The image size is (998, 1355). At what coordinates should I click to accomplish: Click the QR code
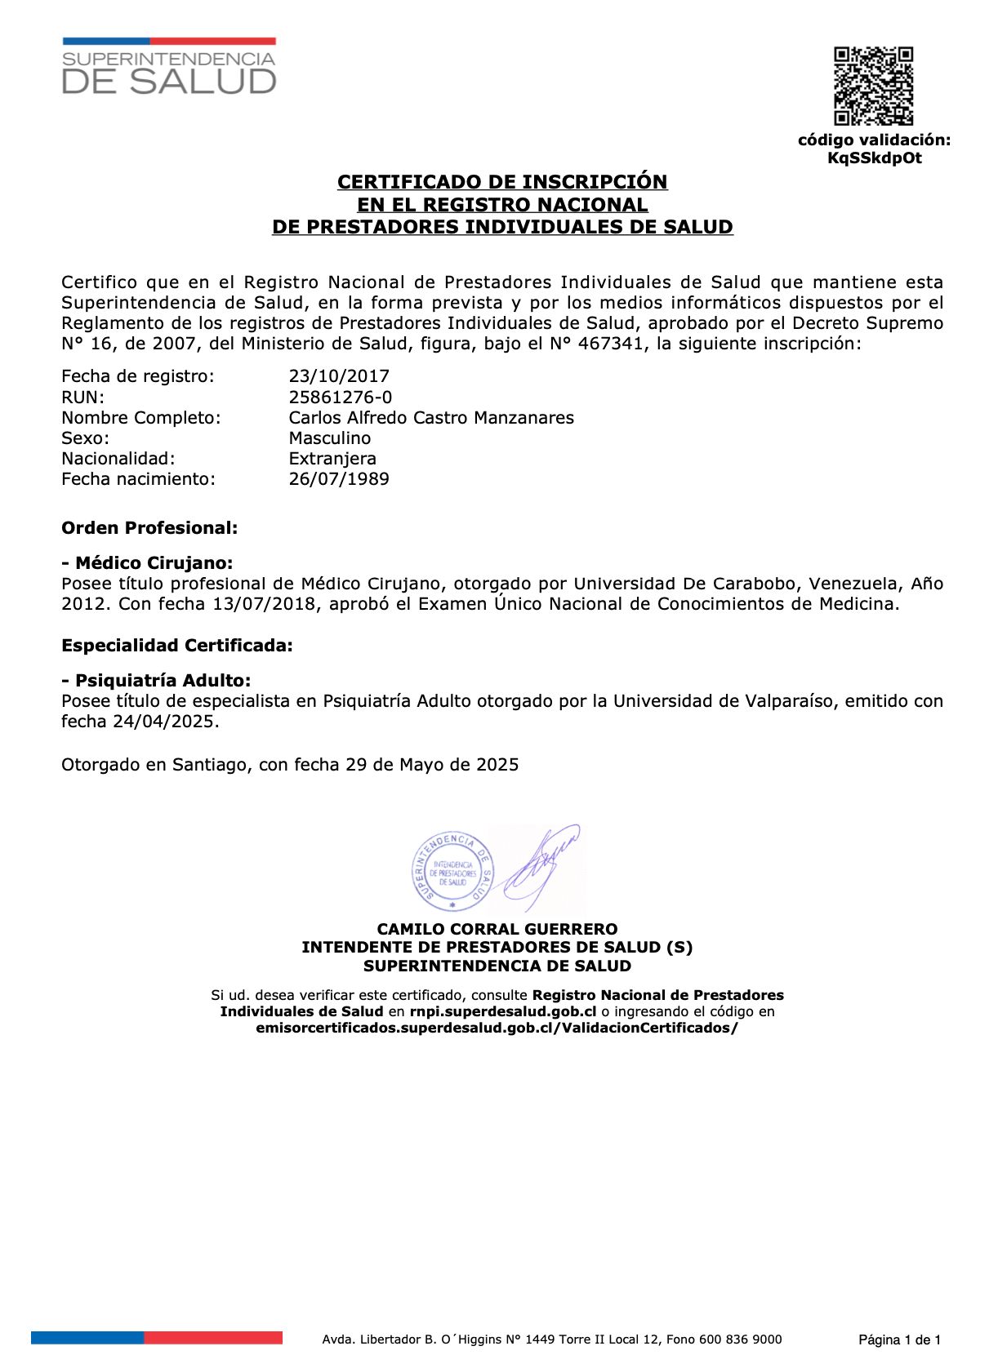pos(873,86)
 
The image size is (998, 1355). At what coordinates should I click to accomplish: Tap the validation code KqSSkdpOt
pos(874,158)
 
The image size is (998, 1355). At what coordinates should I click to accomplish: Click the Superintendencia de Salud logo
pos(169,67)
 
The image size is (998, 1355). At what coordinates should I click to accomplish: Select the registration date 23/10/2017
pos(339,376)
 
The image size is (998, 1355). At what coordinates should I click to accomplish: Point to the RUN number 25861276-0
pos(340,398)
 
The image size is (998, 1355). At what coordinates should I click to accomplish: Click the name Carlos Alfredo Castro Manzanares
pos(431,418)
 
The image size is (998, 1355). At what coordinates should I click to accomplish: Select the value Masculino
pos(329,438)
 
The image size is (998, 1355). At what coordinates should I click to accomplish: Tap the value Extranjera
pos(332,459)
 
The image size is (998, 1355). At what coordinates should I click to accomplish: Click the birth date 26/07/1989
pos(339,479)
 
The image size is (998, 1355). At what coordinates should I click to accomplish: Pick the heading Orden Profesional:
pos(149,528)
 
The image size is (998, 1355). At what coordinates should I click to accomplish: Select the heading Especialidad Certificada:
pos(177,646)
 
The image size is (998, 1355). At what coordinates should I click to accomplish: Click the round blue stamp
pos(452,871)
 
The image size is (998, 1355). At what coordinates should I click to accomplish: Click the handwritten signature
pos(541,866)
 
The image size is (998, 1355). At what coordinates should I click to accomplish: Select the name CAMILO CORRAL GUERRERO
pos(497,929)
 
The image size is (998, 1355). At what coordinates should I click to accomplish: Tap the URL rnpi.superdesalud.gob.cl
pos(503,1012)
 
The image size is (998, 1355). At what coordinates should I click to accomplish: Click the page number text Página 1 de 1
pos(899,1339)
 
